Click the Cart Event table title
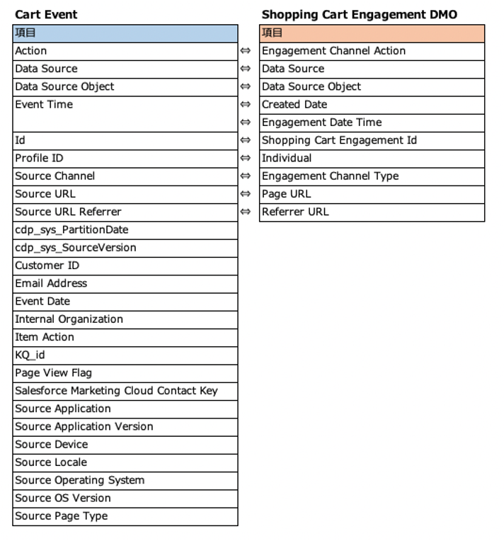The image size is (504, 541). coord(46,14)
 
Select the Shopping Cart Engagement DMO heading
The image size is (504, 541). coord(359,14)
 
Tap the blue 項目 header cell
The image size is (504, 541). coord(125,33)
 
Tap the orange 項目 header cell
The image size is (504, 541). coord(372,33)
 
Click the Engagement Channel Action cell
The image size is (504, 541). coord(372,51)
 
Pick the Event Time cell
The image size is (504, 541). coord(125,105)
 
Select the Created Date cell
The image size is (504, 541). coord(372,105)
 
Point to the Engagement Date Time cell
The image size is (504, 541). coord(372,123)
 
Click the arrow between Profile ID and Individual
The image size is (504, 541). coord(246,159)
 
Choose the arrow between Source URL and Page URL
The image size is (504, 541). coord(246,194)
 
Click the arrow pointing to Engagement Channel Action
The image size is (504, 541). coord(246,51)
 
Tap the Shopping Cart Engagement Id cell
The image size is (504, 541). coord(372,140)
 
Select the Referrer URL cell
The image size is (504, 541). coord(372,212)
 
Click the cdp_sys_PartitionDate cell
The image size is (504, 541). coord(125,230)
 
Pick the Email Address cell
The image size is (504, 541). coord(125,283)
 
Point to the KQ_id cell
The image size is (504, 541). coord(125,355)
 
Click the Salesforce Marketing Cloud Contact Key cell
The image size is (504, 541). coord(125,391)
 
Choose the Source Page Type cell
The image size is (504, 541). coord(125,516)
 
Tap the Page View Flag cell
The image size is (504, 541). coord(125,373)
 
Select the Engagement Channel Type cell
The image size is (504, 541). coord(372,176)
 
